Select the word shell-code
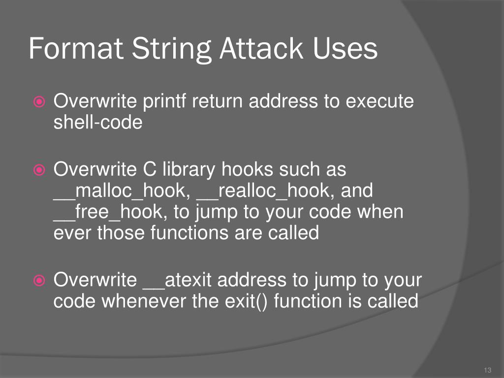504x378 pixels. tap(97, 122)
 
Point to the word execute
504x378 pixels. tap(379, 102)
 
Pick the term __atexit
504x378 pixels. tap(177, 281)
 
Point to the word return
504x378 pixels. tap(218, 102)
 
